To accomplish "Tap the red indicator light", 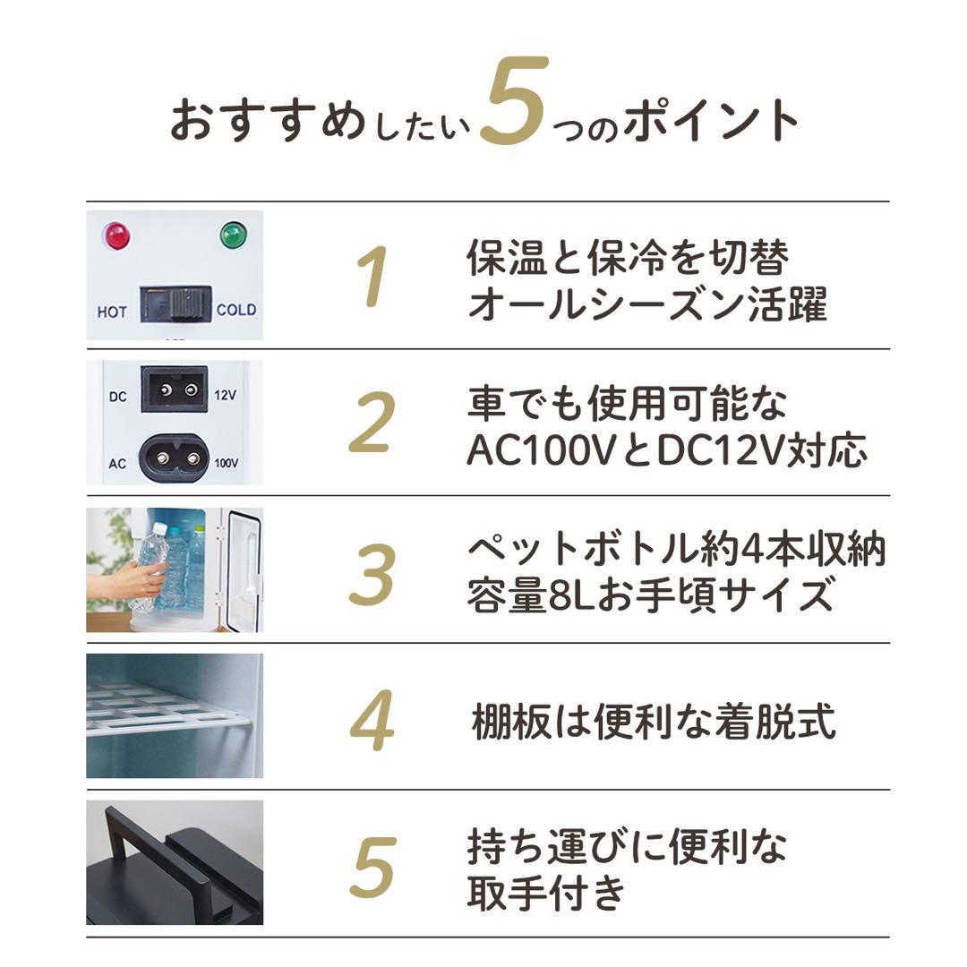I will pos(116,236).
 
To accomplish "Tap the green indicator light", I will pos(234,236).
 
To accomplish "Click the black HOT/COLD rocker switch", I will pos(175,304).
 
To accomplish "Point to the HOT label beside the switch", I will pos(112,312).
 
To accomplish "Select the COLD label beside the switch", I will pos(236,310).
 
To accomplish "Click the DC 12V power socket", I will pos(174,389).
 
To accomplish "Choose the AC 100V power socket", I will pos(175,457).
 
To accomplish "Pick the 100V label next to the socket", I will pos(227,463).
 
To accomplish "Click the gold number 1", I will pos(372,277).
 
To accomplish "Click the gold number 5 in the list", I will pos(372,866).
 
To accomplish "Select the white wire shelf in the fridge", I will pos(161,712).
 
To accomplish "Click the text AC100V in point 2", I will pos(538,451).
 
